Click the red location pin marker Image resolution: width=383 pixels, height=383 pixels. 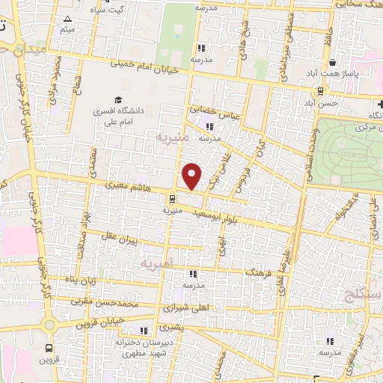[192, 176]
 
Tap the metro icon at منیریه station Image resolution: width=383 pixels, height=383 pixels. [173, 198]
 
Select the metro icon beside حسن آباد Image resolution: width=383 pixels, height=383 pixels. [320, 91]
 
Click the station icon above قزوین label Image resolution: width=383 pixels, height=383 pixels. [49, 347]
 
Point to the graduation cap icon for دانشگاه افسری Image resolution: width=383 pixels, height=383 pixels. [117, 99]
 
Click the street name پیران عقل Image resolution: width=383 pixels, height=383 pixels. [123, 242]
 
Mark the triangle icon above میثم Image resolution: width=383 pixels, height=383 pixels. [69, 19]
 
